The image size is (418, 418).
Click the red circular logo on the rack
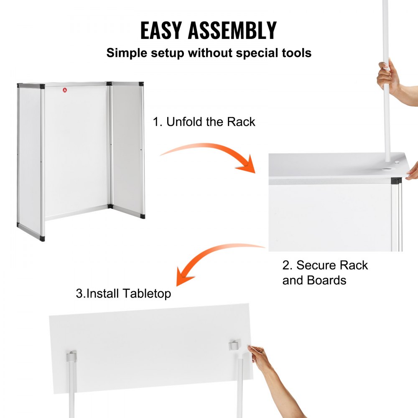[65, 89]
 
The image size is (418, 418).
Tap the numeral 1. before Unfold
[157, 122]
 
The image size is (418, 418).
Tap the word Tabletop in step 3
[147, 293]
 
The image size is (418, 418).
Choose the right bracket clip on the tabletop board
[234, 345]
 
